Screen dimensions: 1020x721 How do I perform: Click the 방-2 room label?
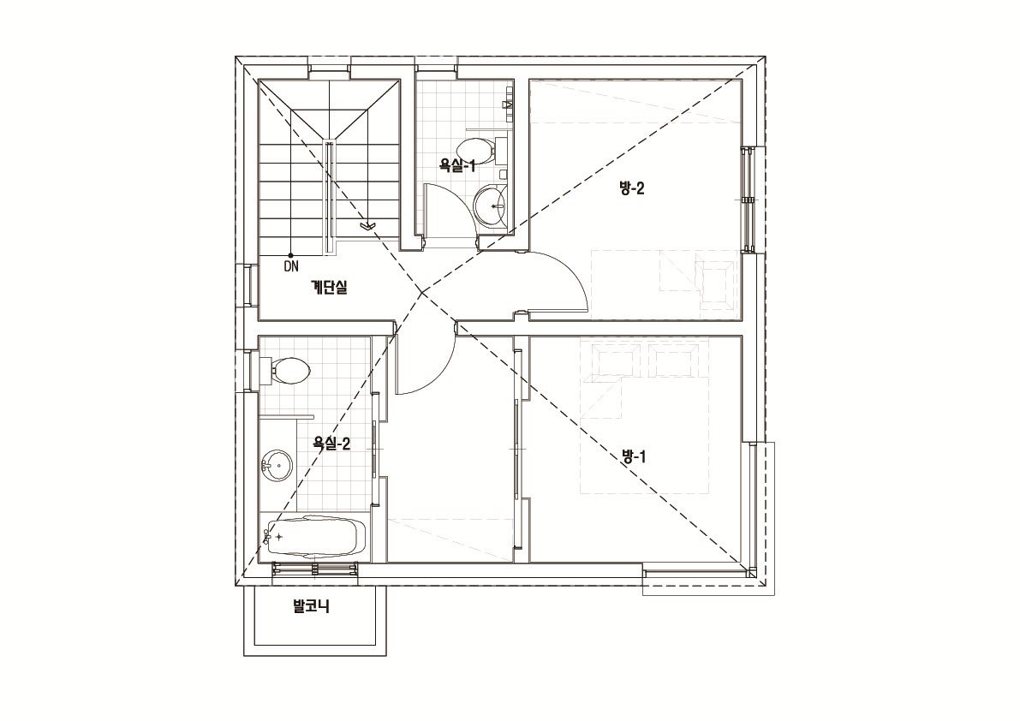632,189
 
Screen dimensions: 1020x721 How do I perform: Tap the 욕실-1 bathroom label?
458,166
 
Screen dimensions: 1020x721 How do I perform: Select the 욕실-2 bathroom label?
331,444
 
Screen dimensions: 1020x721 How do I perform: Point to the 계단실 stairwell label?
329,287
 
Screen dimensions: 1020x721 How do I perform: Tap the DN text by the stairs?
291,265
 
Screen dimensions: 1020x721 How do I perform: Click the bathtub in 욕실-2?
314,536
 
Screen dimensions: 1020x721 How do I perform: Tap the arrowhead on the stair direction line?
368,226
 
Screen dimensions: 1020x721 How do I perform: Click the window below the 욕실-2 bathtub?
316,569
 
